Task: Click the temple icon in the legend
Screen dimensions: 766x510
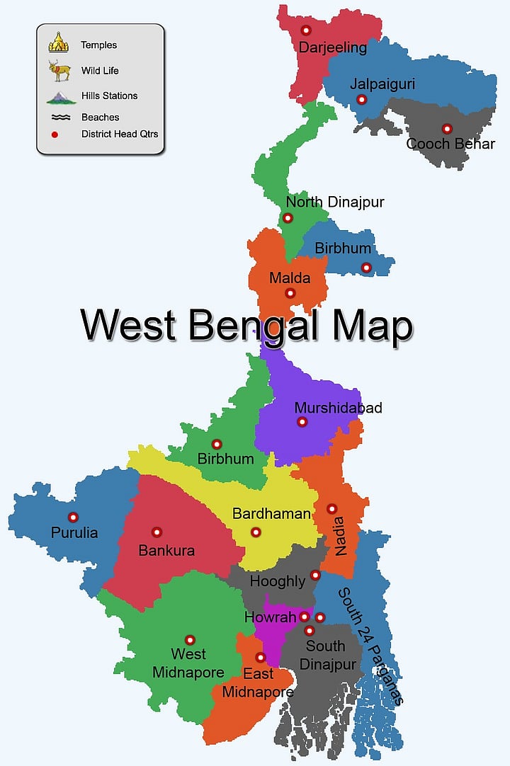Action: click(59, 42)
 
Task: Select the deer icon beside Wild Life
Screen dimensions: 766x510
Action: click(59, 70)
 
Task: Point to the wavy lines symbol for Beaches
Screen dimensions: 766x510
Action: click(60, 118)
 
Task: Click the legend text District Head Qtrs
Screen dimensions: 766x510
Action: click(120, 134)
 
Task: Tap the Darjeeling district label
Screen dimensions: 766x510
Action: click(332, 48)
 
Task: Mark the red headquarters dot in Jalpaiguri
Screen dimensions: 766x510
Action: click(362, 100)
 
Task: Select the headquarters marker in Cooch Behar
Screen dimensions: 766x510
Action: click(447, 129)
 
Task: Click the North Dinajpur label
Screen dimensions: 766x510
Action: click(335, 202)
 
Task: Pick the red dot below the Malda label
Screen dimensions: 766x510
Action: click(290, 293)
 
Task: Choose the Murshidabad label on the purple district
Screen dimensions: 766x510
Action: click(338, 408)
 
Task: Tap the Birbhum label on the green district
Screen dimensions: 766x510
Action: click(225, 459)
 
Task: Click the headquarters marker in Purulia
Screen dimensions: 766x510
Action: click(72, 517)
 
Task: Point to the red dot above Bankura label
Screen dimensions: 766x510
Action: click(157, 532)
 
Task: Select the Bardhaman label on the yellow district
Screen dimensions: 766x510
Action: click(271, 514)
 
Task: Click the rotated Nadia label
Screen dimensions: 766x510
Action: click(341, 537)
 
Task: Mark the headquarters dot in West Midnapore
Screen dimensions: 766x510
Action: click(190, 640)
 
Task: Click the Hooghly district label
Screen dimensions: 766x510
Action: click(277, 581)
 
